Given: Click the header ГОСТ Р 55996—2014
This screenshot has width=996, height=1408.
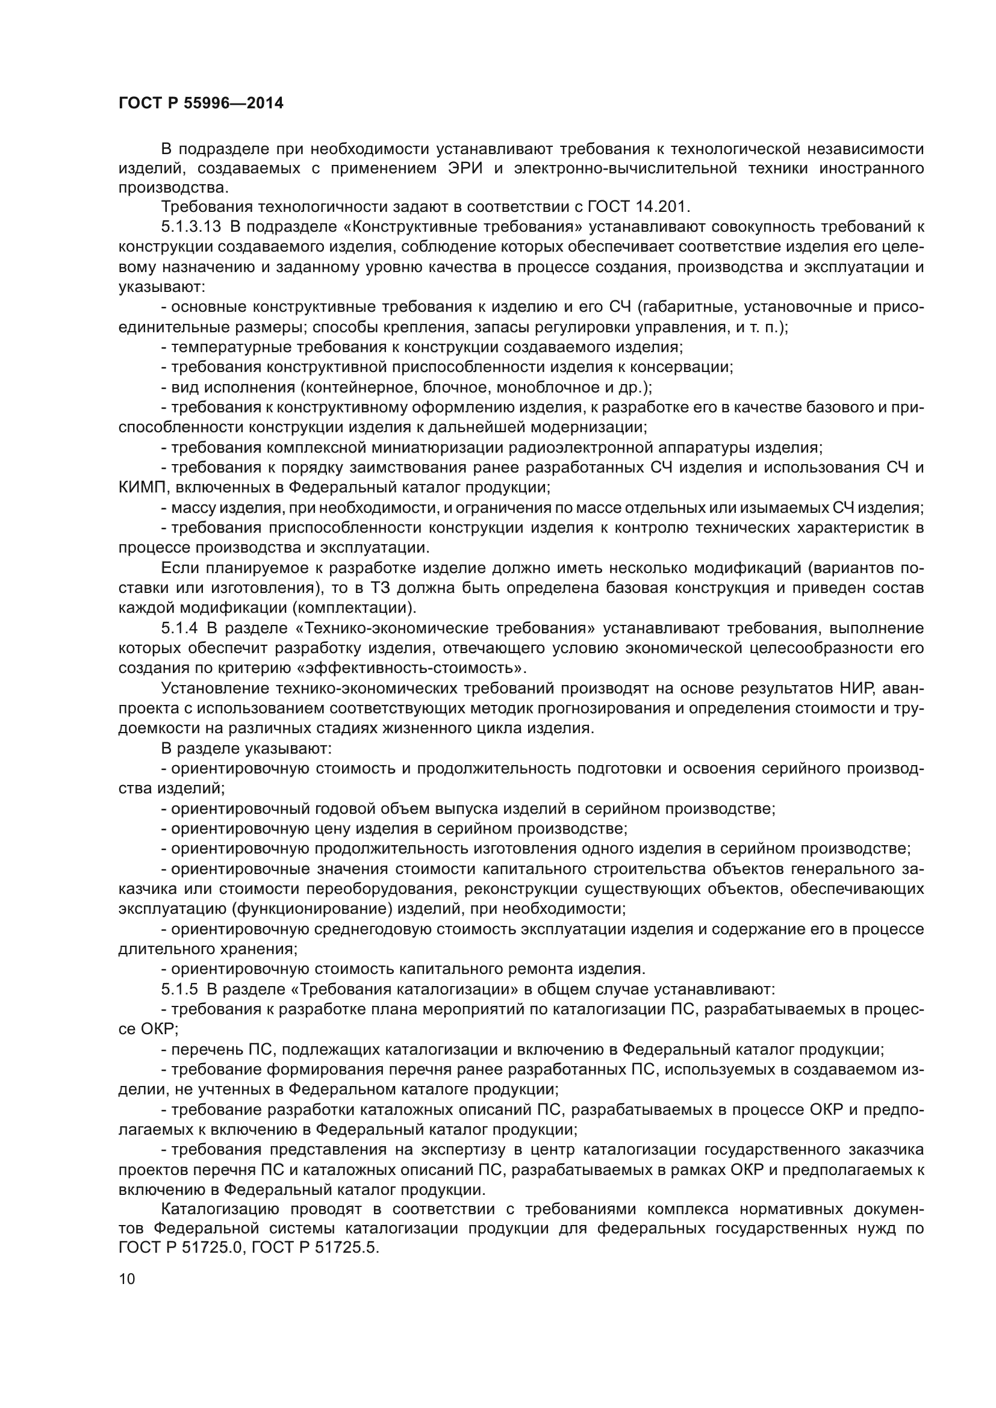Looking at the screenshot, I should pyautogui.click(x=201, y=103).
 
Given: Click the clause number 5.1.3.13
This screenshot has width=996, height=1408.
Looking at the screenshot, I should pyautogui.click(x=191, y=227).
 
